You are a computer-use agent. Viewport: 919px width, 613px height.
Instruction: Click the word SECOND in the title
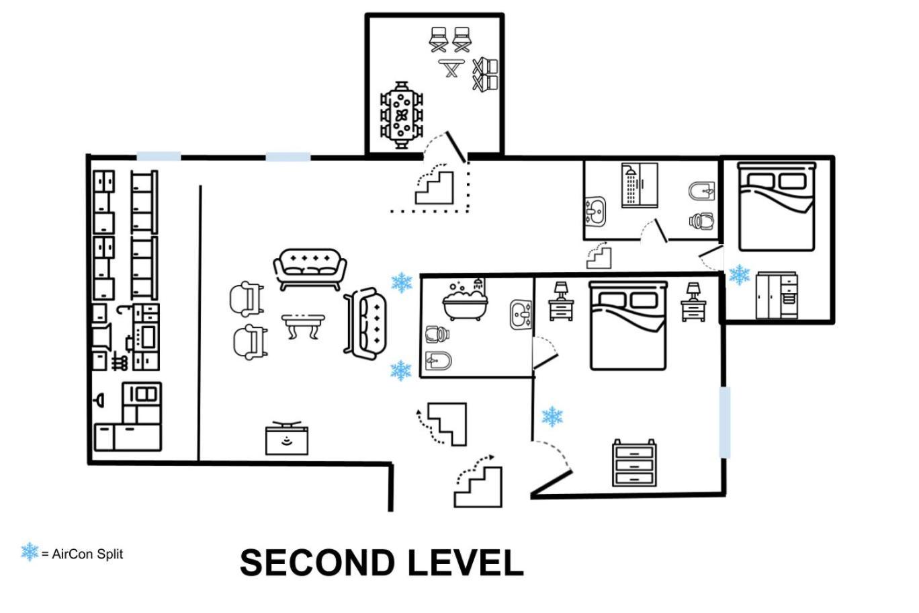317,563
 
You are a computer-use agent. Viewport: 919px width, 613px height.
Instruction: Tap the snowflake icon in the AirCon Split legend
30,552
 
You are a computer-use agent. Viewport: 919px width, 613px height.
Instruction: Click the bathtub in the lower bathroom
466,300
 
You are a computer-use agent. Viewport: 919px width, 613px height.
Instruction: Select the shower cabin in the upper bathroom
640,185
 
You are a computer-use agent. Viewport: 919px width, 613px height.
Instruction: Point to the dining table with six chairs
402,116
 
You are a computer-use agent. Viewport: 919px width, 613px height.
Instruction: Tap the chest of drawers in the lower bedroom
634,463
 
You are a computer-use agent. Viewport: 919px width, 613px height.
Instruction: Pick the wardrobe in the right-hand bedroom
777,295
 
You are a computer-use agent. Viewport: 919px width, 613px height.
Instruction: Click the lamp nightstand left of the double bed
561,301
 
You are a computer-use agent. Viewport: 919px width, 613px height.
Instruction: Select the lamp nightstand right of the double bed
693,302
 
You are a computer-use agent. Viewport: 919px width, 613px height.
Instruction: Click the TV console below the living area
287,438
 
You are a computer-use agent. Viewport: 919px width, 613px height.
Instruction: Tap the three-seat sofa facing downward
310,270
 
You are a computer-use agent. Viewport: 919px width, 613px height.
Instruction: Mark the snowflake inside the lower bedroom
552,417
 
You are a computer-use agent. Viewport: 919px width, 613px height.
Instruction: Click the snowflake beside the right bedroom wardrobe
740,275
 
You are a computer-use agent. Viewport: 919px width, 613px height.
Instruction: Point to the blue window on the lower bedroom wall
725,423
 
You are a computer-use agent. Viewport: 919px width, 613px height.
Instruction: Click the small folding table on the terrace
451,68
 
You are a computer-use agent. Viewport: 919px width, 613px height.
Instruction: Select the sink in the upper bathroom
595,212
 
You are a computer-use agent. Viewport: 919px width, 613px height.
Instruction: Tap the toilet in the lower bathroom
437,334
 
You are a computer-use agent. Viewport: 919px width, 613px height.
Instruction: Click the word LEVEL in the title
466,563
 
